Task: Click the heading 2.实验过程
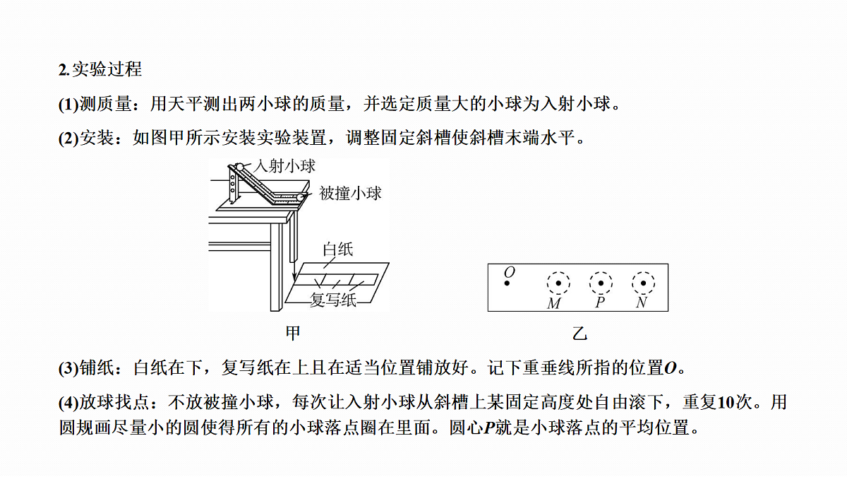click(x=100, y=69)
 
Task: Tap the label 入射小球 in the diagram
click(x=284, y=166)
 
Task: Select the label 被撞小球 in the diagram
click(x=350, y=193)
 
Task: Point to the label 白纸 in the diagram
click(x=337, y=249)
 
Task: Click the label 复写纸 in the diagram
click(x=332, y=300)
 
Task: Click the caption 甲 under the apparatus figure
click(x=293, y=333)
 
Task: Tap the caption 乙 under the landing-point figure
click(x=579, y=334)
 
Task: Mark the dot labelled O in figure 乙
click(x=507, y=283)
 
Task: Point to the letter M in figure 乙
click(x=554, y=303)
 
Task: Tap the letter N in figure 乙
click(x=642, y=302)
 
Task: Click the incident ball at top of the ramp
click(x=240, y=167)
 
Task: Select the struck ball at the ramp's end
click(x=300, y=197)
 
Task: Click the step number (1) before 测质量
click(x=68, y=105)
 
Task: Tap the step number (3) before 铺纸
click(x=68, y=368)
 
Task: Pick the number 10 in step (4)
click(x=726, y=402)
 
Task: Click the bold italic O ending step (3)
click(x=671, y=368)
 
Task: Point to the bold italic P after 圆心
click(x=489, y=428)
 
